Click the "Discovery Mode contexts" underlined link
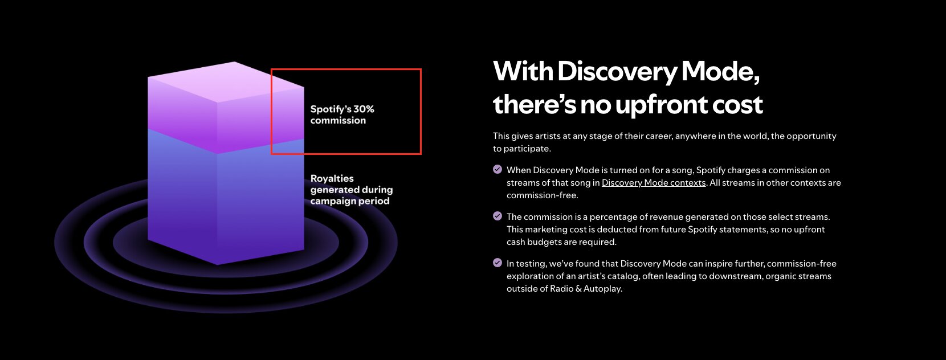point(653,183)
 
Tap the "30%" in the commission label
point(364,109)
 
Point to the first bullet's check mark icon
point(498,169)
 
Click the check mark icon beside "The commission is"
point(498,216)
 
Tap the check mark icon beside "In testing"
point(498,263)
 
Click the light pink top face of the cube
point(226,82)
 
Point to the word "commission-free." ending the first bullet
point(543,195)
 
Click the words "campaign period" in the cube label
point(350,201)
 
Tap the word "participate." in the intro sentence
point(527,149)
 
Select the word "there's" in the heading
point(534,104)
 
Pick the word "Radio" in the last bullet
point(561,289)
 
